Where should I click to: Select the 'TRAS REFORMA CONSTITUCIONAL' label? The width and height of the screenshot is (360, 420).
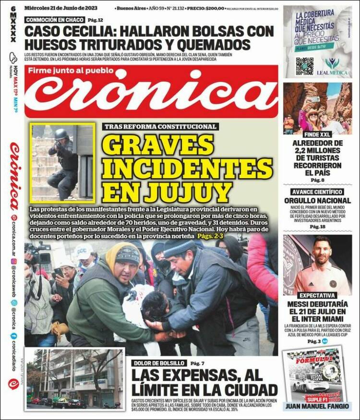click(x=160, y=127)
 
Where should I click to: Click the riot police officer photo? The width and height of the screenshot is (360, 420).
click(x=62, y=162)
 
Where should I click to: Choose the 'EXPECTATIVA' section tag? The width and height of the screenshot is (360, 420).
click(x=317, y=296)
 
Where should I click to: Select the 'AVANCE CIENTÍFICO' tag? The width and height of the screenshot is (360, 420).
click(x=317, y=192)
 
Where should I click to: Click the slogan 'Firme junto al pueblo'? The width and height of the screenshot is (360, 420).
click(x=71, y=72)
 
